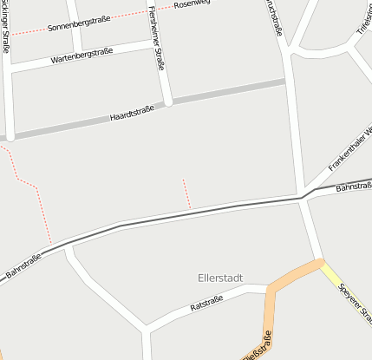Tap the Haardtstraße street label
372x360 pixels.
(132, 114)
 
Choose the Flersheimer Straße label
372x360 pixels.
(158, 36)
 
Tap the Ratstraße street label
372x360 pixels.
(206, 304)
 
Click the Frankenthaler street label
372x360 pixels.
(350, 148)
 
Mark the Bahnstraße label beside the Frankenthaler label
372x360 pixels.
(353, 187)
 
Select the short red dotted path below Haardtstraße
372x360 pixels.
(186, 193)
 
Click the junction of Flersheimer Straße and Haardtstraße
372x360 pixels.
(168, 101)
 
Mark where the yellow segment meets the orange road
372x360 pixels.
(320, 262)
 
